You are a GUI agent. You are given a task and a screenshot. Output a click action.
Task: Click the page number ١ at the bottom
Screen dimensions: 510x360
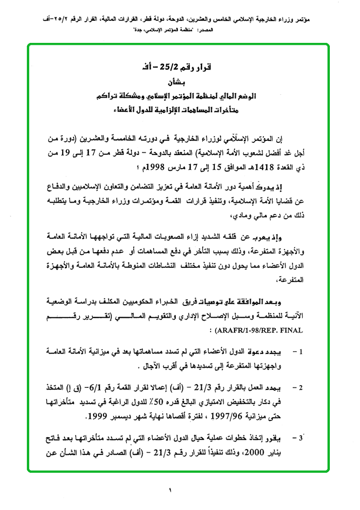click(170, 491)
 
